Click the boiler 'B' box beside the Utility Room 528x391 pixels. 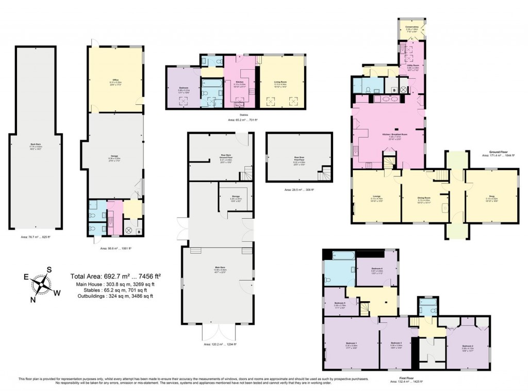click(394, 90)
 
